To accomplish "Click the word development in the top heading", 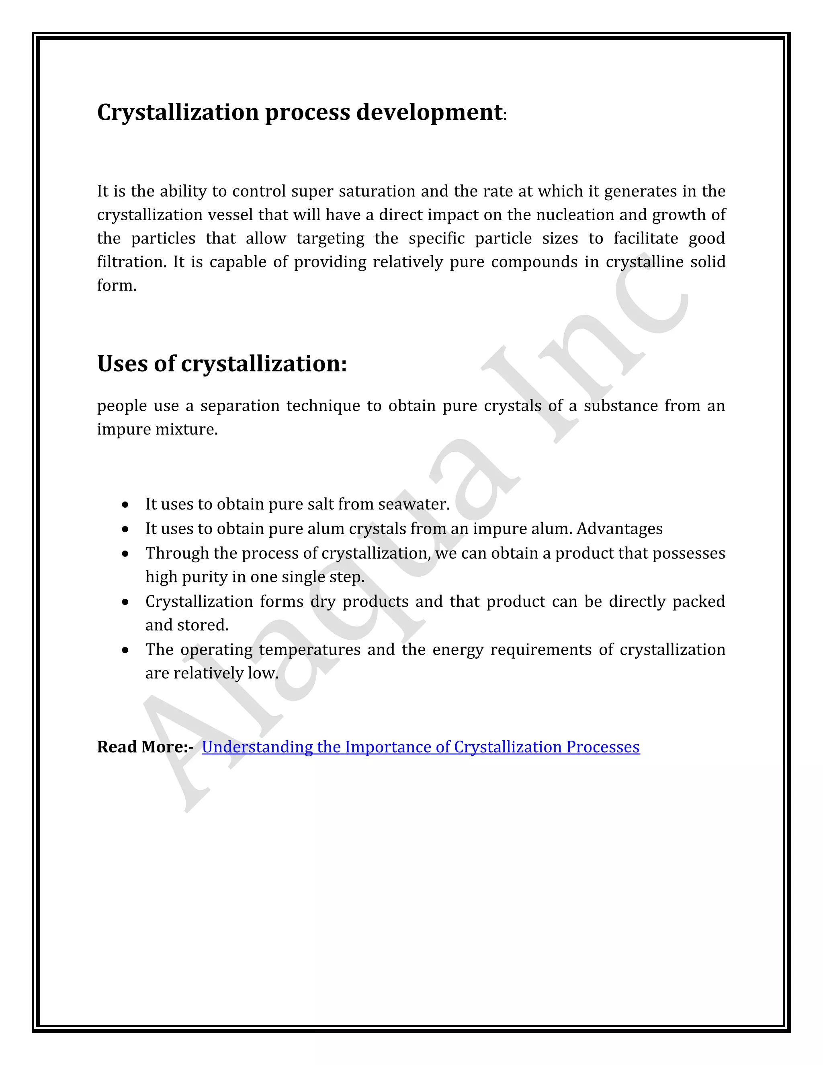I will click(429, 113).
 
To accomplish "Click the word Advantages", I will click(619, 528).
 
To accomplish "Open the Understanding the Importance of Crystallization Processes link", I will click(420, 747).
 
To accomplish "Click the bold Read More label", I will click(145, 747).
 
